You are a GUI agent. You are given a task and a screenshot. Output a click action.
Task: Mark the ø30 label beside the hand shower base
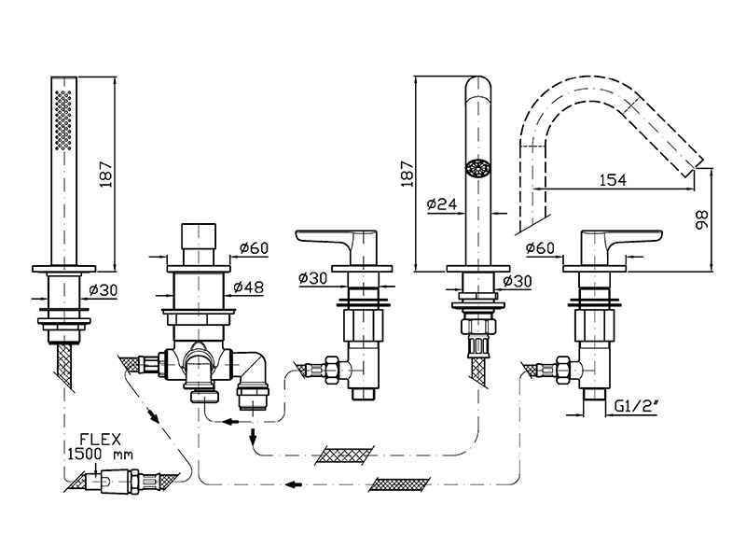[x=106, y=290]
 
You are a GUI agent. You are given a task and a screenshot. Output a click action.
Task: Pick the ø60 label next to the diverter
[x=253, y=247]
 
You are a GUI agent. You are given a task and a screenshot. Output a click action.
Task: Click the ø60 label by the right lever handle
[x=541, y=247]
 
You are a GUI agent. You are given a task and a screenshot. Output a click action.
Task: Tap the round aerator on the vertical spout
[x=477, y=169]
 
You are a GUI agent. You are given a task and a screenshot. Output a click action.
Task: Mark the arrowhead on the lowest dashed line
[x=292, y=483]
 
